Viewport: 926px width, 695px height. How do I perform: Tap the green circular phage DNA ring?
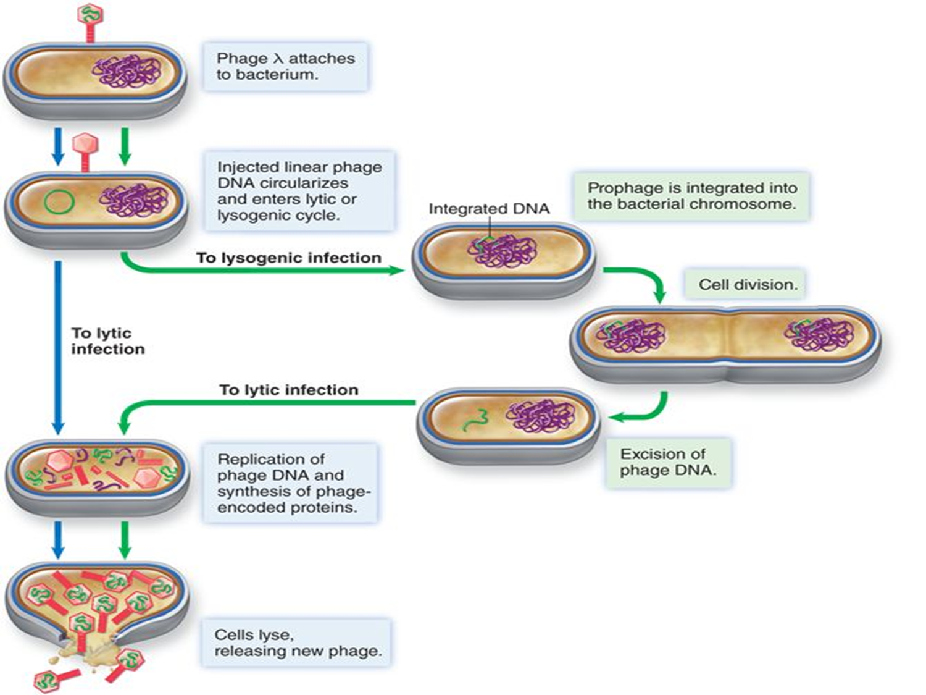59,201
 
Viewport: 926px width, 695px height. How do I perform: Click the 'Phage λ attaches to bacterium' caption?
285,67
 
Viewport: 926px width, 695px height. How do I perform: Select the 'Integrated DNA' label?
488,209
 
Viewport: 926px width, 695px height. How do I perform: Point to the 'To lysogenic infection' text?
288,258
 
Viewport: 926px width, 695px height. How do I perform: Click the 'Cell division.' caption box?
747,285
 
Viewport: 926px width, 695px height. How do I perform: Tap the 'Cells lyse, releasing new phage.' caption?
297,643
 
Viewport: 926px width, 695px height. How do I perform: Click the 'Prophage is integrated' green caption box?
691,196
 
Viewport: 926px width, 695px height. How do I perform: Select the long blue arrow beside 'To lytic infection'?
58,346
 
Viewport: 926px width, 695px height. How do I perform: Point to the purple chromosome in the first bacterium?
127,71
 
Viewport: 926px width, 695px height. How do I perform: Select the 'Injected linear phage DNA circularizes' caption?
299,191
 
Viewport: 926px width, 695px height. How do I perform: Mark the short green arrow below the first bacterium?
125,146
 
